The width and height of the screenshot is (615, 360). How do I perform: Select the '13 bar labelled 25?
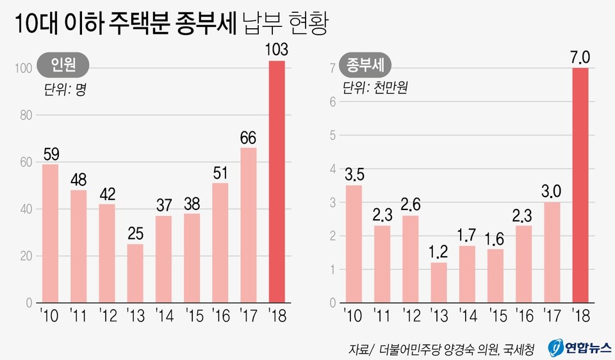tap(135, 273)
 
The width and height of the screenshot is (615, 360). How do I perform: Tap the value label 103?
tap(277, 49)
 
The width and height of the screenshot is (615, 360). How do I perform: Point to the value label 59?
tap(51, 154)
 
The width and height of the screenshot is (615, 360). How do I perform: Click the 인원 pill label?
tap(62, 65)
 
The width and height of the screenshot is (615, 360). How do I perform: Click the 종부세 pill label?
tap(368, 65)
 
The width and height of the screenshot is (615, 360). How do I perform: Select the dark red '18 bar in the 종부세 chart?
tap(580, 185)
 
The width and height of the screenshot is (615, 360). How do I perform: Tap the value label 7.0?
tap(580, 58)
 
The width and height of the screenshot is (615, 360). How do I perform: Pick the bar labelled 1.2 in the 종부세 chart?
tap(439, 282)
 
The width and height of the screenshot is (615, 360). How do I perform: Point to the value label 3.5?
tap(354, 175)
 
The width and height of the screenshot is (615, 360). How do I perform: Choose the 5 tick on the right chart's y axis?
tap(332, 135)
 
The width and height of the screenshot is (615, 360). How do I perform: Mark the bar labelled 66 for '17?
tap(249, 225)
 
